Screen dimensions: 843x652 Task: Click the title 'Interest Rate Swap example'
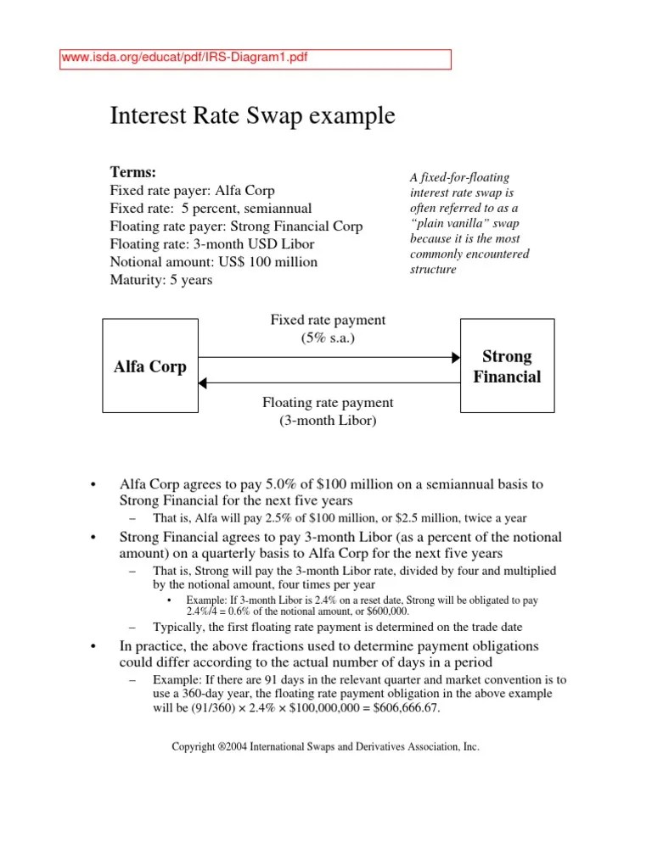click(x=252, y=116)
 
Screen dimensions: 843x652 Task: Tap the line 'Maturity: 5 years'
click(x=161, y=280)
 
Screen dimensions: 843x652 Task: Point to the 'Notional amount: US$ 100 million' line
click(x=214, y=262)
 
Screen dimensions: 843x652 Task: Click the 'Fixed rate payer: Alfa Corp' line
click(x=193, y=190)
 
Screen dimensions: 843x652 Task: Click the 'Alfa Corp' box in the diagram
click(x=149, y=367)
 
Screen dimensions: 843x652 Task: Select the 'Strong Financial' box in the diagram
click(x=506, y=366)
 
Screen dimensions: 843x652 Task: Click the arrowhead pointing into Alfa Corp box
click(x=203, y=382)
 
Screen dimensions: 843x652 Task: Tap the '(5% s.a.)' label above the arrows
click(x=327, y=338)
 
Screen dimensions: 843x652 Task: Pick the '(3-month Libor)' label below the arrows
click(x=327, y=421)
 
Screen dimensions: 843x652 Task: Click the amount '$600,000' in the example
click(x=382, y=611)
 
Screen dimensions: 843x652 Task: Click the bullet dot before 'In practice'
click(x=93, y=649)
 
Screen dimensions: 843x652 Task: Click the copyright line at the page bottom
click(x=325, y=747)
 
